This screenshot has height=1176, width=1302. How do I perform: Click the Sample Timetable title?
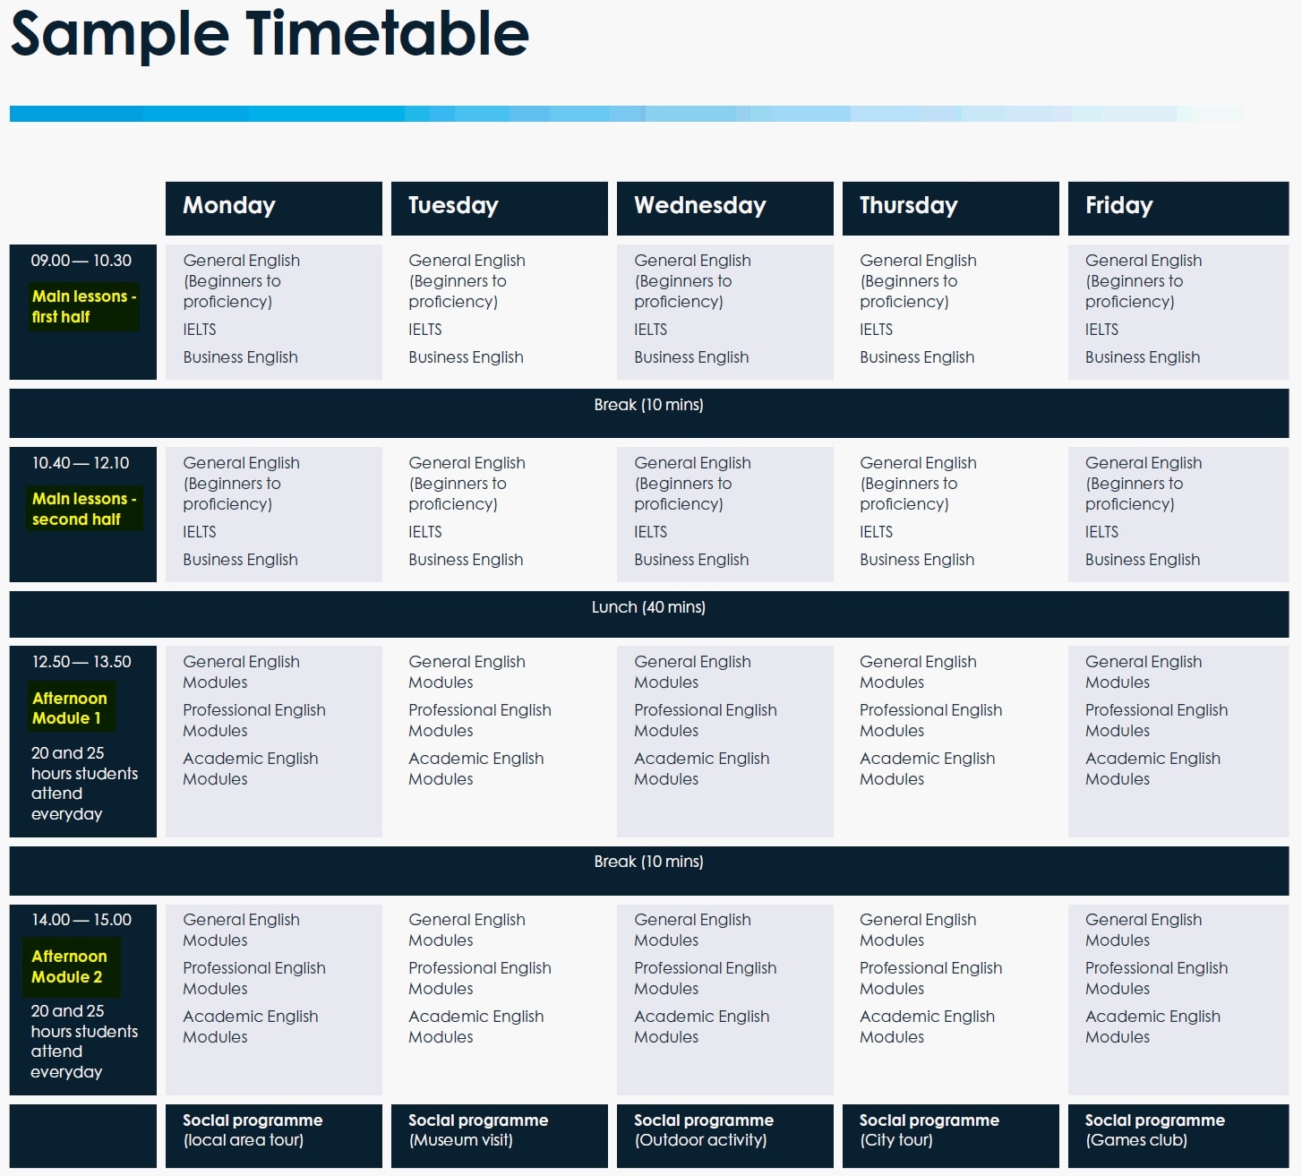click(x=270, y=35)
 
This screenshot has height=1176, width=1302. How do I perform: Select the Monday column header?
click(x=274, y=208)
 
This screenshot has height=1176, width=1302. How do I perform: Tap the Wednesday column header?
click(x=725, y=208)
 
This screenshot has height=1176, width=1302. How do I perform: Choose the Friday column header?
click(x=1178, y=208)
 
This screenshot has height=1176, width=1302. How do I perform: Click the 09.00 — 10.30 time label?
click(x=81, y=261)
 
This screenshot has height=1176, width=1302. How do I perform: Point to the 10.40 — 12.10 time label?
click(x=81, y=463)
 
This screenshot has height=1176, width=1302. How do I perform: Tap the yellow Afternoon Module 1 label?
click(x=70, y=708)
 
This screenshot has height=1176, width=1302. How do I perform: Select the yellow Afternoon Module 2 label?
click(x=70, y=966)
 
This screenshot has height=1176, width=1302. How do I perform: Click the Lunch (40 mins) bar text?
click(x=648, y=607)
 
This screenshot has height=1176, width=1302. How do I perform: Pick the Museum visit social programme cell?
click(x=499, y=1136)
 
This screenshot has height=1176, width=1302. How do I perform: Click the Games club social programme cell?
click(x=1178, y=1136)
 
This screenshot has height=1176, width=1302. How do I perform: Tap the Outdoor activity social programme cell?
click(x=725, y=1136)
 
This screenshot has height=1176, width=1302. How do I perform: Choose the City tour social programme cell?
click(x=950, y=1136)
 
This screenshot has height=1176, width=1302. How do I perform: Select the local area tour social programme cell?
click(x=274, y=1136)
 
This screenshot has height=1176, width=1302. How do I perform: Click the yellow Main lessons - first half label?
click(x=84, y=306)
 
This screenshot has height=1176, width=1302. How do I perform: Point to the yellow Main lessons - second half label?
click(x=84, y=509)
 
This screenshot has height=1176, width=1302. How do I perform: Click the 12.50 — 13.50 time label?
click(x=81, y=662)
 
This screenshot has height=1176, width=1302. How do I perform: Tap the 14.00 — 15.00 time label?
click(x=81, y=920)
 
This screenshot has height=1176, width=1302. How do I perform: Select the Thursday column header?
click(x=950, y=208)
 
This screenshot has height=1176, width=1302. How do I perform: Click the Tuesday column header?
click(x=499, y=208)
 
